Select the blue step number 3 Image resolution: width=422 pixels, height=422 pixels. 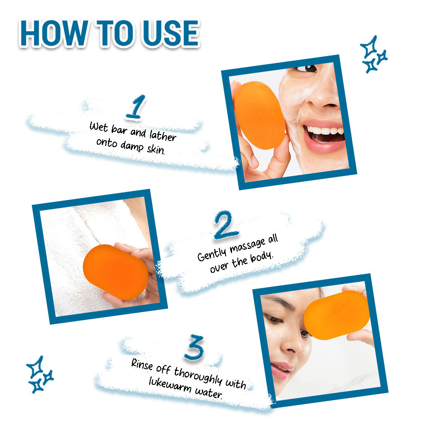(194, 347)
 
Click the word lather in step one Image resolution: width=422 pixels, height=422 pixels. (163, 135)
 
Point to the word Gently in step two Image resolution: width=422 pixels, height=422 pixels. (212, 254)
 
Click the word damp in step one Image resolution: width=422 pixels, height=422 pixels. (132, 146)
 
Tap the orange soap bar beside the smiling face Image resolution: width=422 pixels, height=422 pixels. (260, 115)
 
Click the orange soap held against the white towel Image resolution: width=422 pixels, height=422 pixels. (116, 272)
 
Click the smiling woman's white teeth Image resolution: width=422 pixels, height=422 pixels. (325, 131)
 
